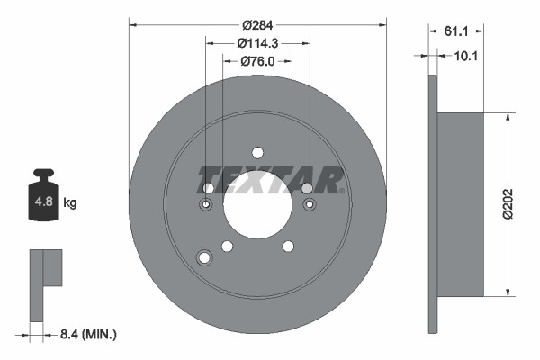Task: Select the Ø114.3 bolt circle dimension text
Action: click(257, 43)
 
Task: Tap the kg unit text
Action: click(70, 203)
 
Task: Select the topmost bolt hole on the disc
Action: click(257, 152)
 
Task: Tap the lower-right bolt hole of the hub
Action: click(288, 247)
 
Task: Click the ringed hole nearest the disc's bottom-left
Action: click(203, 259)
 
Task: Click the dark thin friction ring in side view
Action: click(433, 204)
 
